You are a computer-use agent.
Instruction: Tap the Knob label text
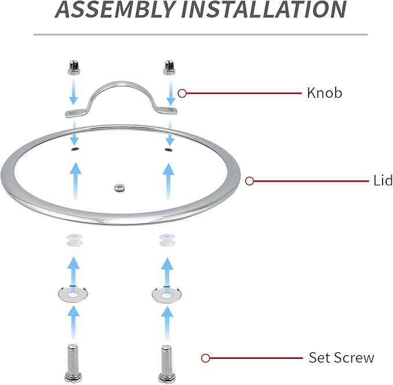pos(324,93)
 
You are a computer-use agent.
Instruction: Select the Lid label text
pos(381,181)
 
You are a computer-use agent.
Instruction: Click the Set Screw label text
pos(341,358)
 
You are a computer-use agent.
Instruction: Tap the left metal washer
pos(72,294)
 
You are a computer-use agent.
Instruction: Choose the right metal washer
pos(167,294)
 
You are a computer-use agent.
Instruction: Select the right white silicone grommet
pos(167,240)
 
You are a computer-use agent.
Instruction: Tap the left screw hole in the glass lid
pos(74,149)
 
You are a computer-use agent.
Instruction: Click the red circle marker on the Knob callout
pos(182,93)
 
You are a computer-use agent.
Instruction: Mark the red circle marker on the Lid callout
pos(249,181)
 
